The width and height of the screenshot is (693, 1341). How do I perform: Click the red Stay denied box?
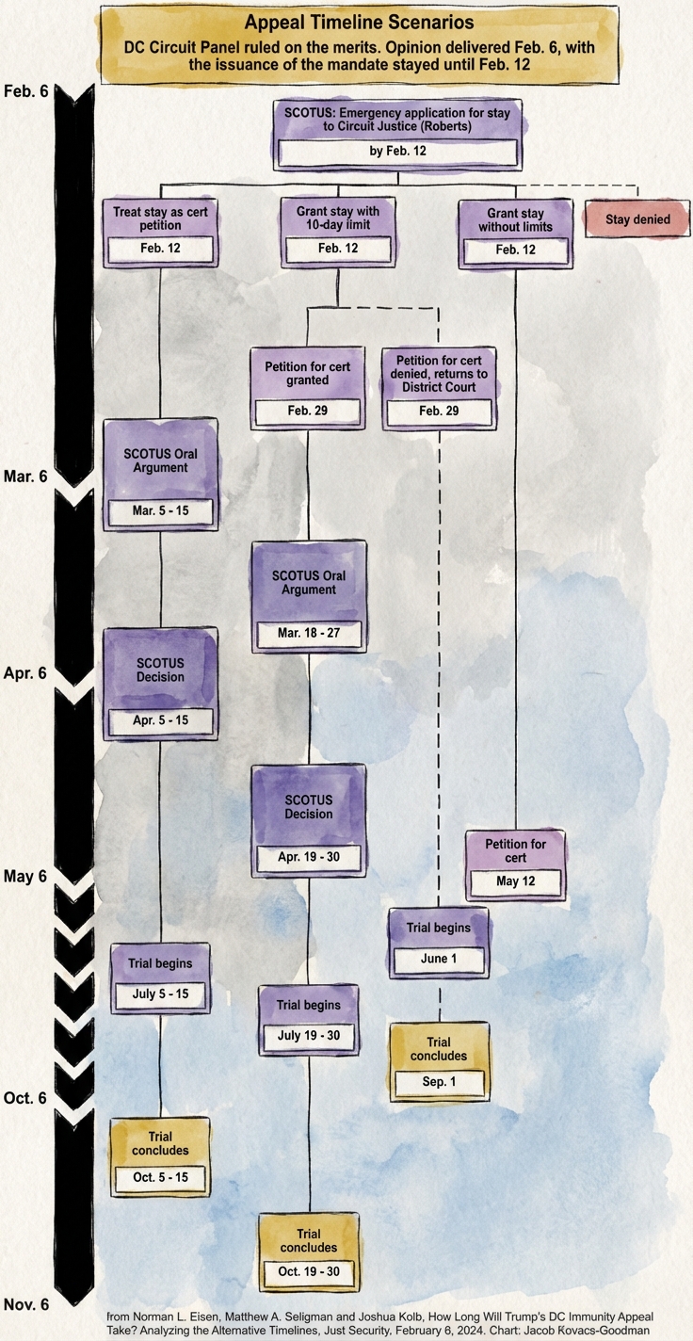click(637, 220)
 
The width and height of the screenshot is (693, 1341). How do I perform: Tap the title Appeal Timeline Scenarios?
click(359, 23)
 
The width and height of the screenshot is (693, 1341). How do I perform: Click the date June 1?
click(439, 960)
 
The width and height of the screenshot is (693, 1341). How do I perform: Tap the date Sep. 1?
click(440, 1082)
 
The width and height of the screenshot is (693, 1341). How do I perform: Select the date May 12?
click(516, 882)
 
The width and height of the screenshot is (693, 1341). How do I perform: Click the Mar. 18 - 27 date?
click(308, 633)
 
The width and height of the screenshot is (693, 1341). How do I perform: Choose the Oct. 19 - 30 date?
click(309, 1271)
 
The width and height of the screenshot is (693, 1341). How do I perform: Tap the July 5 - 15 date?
click(159, 994)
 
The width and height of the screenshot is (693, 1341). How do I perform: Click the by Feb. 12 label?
click(395, 151)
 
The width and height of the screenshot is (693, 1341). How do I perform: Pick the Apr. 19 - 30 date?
click(309, 858)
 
